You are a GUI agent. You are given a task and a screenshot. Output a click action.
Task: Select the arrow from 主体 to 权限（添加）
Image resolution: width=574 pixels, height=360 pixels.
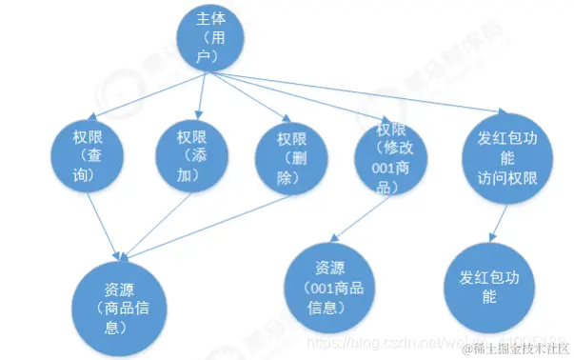[201, 95]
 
